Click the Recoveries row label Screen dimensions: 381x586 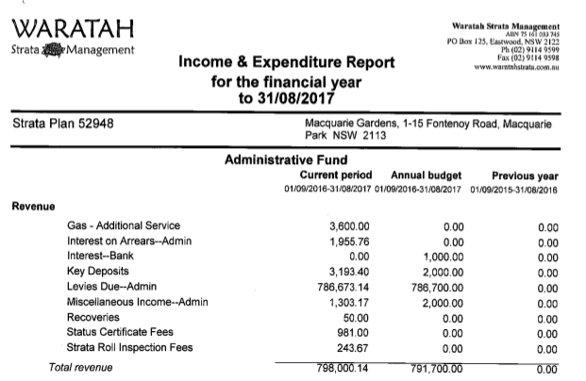tap(93, 317)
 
